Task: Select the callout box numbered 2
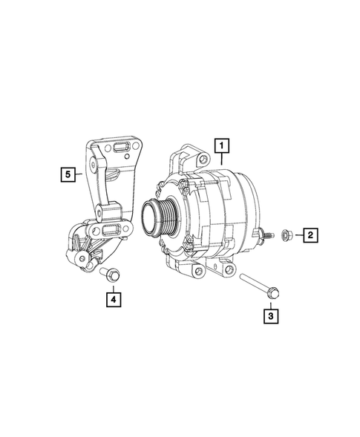pos(310,236)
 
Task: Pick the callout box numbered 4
pos(113,299)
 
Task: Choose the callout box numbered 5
pos(68,174)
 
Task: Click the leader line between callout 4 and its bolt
pos(113,286)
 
